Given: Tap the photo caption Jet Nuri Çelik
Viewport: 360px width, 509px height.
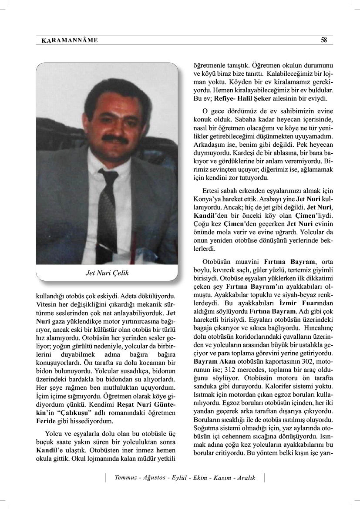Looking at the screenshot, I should [x=107, y=273].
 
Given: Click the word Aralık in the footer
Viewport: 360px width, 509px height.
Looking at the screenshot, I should [x=244, y=478].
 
